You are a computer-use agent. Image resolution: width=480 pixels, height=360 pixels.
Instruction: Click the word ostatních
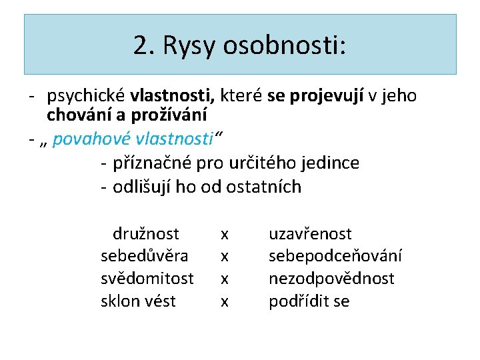coord(263,187)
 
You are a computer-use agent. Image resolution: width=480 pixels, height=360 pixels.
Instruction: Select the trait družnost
coord(146,234)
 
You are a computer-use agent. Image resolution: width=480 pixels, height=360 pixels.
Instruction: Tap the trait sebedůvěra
coord(144,256)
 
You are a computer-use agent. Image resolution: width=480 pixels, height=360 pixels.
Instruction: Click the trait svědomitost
coord(147,279)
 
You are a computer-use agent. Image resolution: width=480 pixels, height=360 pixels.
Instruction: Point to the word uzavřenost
coord(310,234)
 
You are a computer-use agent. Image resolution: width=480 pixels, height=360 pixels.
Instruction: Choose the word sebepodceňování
coord(335,256)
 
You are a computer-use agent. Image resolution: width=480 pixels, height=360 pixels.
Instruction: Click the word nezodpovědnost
coord(331,279)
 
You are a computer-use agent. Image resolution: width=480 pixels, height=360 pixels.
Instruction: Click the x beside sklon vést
coord(225,302)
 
